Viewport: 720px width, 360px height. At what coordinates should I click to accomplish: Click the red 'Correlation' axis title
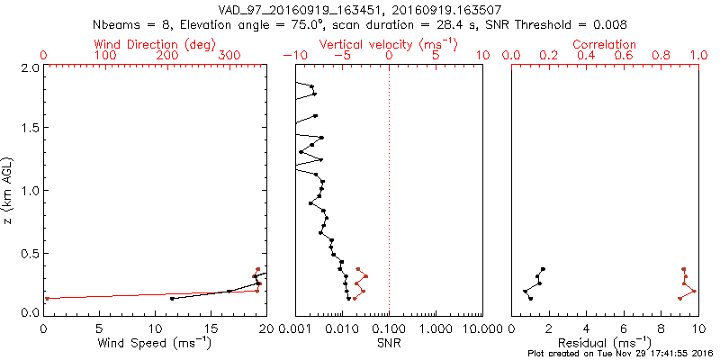click(605, 44)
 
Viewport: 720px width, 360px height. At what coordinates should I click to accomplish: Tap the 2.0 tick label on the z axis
click(30, 67)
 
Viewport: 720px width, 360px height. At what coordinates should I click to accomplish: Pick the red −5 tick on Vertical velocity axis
click(341, 56)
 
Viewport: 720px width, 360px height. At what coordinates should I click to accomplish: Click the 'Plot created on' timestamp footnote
click(621, 354)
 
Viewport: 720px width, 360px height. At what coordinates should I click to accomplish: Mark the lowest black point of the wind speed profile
click(172, 298)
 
